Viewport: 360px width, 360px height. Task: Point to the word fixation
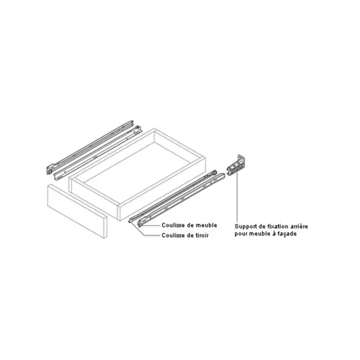click(278, 226)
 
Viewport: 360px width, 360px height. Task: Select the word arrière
click(299, 226)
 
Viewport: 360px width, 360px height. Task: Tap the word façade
click(287, 234)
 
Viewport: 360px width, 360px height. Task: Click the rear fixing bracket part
click(236, 165)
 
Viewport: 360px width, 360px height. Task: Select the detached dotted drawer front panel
click(77, 211)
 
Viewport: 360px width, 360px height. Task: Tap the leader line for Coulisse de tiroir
click(144, 231)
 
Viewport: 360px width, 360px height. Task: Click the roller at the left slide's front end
click(49, 171)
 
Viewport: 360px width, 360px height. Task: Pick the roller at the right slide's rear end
click(215, 171)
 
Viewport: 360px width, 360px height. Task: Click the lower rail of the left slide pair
click(97, 153)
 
